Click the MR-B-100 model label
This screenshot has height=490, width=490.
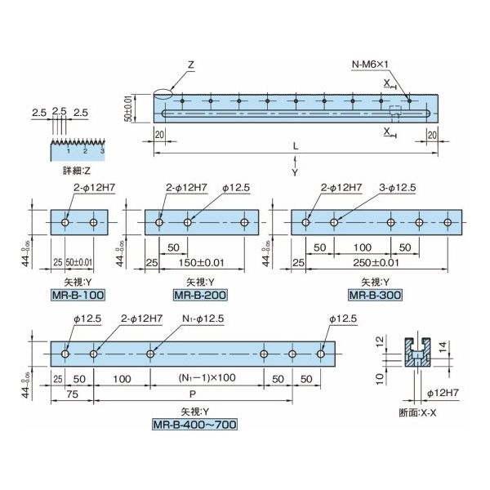pos(79,293)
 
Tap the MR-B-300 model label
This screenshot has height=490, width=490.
pos(372,293)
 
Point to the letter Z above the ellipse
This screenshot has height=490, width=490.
pos(189,64)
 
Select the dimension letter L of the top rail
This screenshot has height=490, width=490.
pos(295,145)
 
